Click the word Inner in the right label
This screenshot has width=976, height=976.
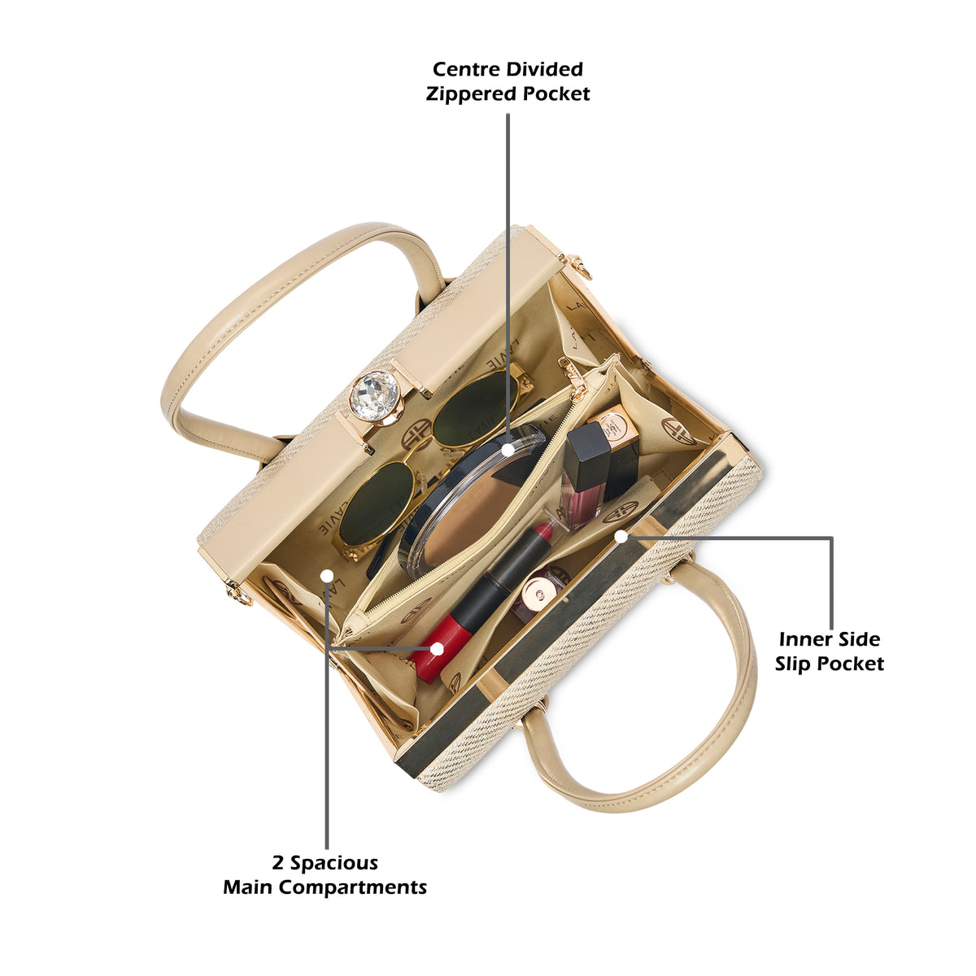801,640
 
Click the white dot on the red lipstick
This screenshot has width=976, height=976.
437,649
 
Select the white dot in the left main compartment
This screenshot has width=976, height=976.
327,576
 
